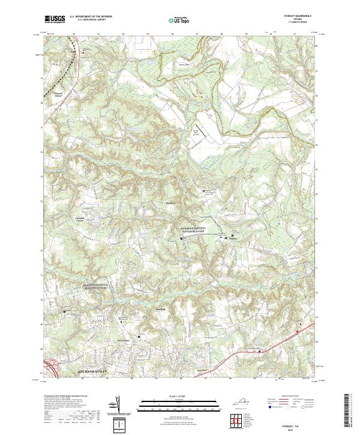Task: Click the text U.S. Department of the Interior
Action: click(90, 17)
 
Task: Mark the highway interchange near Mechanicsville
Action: click(52, 363)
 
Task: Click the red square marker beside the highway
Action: click(296, 330)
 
